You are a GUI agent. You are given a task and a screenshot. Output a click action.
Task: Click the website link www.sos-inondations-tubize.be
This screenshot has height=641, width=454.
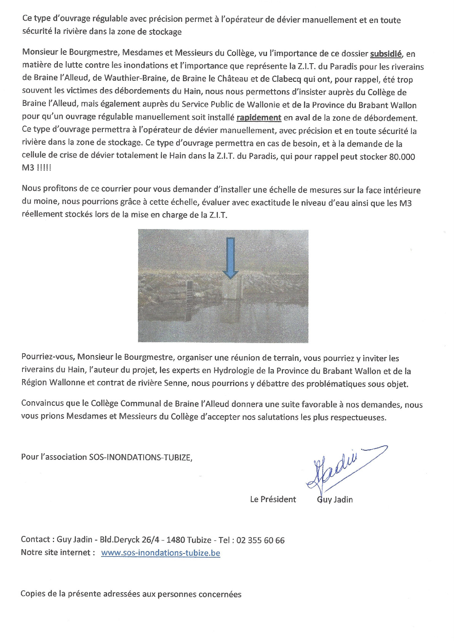point(160,553)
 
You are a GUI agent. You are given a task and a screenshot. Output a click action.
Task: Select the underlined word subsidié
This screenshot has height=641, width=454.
point(386,54)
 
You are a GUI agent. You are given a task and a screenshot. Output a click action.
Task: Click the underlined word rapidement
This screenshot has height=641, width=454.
point(259,118)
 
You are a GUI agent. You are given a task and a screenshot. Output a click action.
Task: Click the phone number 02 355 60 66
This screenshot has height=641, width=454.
point(261,540)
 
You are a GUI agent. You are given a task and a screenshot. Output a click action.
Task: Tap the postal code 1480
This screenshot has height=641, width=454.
point(176,540)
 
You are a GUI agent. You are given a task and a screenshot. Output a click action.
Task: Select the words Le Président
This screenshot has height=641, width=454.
point(273,499)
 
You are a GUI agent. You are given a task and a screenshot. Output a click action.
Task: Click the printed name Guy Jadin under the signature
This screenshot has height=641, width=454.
point(335,499)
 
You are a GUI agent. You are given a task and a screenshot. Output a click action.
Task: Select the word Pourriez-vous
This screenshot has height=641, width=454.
point(48,357)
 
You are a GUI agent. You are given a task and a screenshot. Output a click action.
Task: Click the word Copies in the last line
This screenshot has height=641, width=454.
point(33,594)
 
